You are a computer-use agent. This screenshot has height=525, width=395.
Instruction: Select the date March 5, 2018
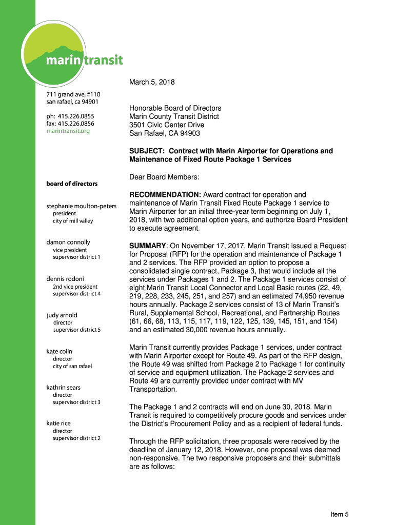[x=152, y=82]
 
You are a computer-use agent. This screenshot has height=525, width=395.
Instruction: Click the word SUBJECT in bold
[x=147, y=151]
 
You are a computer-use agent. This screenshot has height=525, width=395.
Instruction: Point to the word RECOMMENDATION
[x=165, y=195]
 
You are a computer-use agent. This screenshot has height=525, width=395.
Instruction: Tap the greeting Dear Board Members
[x=164, y=177]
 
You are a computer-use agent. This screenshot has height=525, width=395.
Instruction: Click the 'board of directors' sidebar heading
[x=72, y=184]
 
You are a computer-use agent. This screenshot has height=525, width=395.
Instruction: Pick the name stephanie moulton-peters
[x=82, y=206]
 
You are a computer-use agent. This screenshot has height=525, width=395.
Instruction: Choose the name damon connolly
[x=68, y=242]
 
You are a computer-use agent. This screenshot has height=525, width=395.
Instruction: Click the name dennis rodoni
[x=65, y=279]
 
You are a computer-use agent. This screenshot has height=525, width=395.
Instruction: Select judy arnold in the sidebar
[x=62, y=315]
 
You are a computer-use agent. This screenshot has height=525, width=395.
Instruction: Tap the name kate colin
[x=60, y=352]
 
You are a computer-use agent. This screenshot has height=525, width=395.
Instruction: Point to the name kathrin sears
[x=64, y=388]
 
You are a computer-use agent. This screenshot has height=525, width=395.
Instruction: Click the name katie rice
[x=58, y=423]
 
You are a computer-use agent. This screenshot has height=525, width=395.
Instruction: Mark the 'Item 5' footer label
[x=340, y=515]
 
